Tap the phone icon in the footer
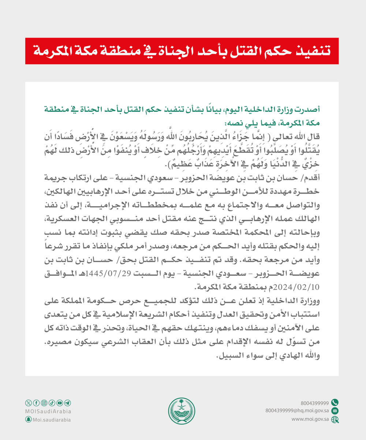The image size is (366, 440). (335, 402)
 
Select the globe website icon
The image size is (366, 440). (335, 419)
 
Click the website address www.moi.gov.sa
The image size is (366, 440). (310, 419)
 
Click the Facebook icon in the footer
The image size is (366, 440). (36, 403)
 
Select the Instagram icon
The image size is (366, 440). (44, 403)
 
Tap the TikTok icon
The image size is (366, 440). (52, 403)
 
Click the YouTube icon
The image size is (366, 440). (60, 403)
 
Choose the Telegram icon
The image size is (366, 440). (68, 403)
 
